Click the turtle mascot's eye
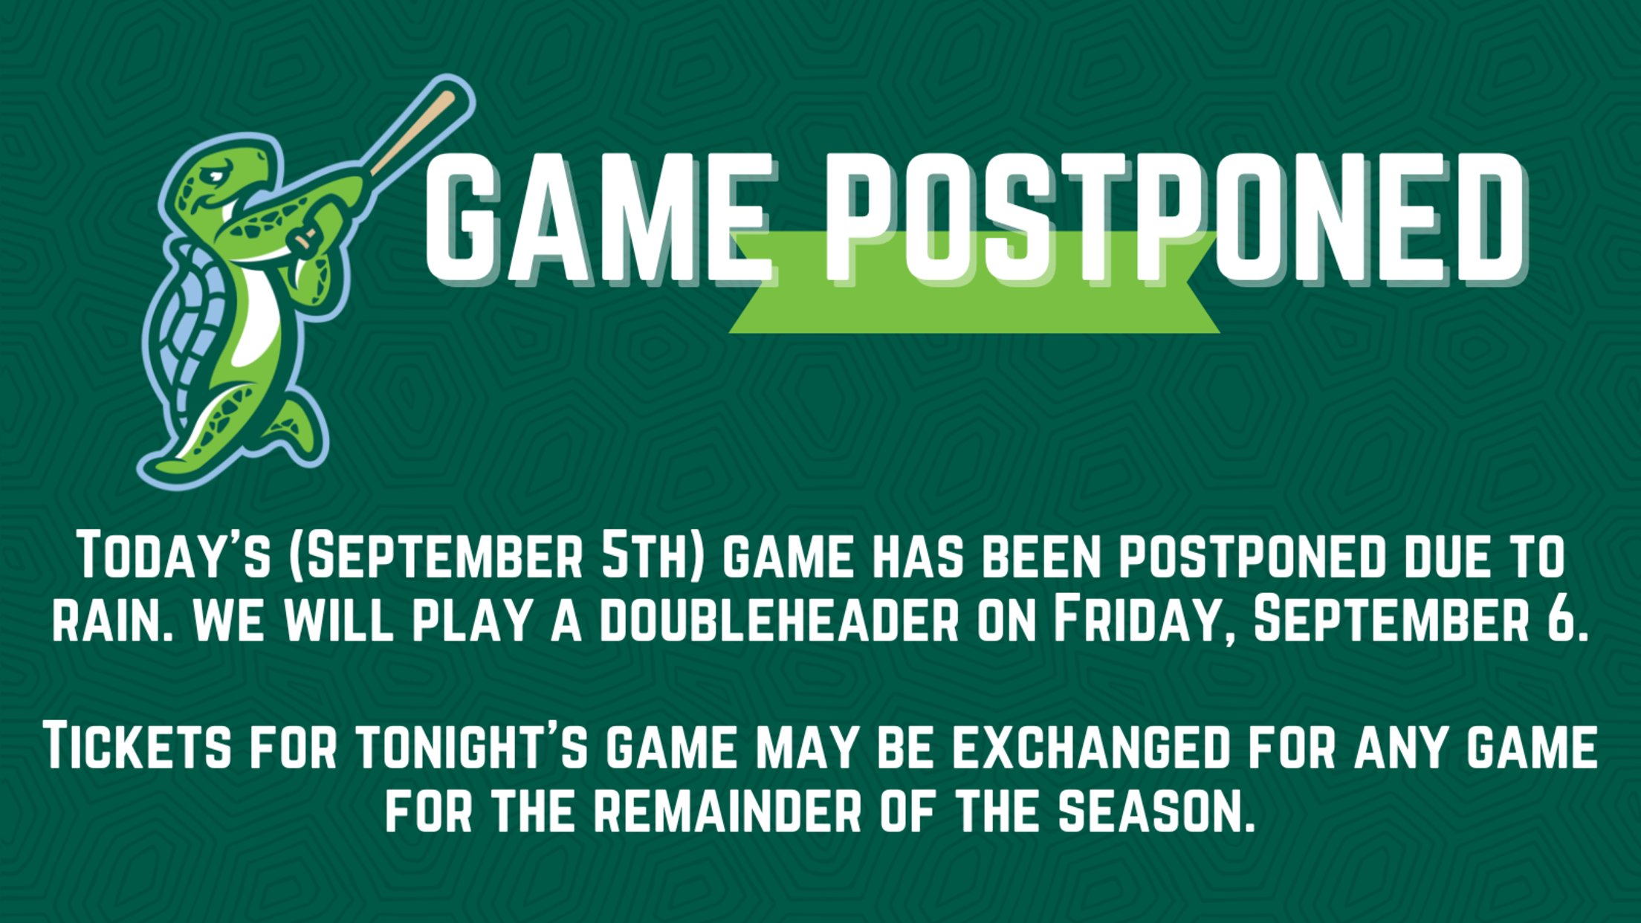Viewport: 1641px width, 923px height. click(x=216, y=176)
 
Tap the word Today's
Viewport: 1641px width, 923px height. click(x=174, y=554)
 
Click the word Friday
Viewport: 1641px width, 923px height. click(x=1144, y=621)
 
